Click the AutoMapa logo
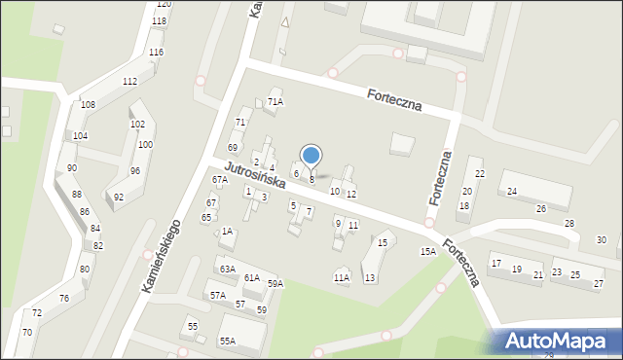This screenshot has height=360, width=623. [559, 342]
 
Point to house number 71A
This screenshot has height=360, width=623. [275, 102]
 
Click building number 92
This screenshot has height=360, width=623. [119, 198]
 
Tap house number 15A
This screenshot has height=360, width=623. [427, 252]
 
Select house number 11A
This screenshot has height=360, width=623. [341, 278]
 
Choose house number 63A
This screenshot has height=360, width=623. [227, 270]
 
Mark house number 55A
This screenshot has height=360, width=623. [227, 342]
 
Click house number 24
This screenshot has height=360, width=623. [511, 192]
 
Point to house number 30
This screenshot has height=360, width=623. [602, 240]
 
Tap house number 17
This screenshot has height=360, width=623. [495, 264]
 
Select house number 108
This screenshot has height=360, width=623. [88, 104]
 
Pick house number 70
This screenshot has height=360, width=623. [27, 333]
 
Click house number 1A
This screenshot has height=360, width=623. [227, 232]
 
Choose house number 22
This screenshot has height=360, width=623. [477, 175]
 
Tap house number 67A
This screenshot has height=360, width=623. [220, 180]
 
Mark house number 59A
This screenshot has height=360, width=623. [275, 284]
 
